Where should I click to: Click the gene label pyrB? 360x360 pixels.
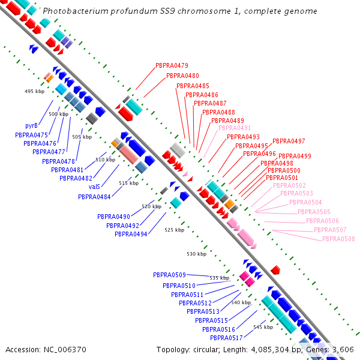31,126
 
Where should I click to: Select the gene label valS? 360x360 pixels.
94,187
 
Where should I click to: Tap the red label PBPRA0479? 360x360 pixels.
172,65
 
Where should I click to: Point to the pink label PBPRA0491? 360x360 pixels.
235,128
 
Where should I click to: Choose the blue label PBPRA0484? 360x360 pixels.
94,197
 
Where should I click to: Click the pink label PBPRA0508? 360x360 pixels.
338,239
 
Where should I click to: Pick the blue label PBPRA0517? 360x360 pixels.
226,338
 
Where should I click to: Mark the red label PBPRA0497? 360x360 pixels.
289,141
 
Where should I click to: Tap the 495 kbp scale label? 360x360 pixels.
34,91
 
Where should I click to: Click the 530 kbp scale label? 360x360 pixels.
197,254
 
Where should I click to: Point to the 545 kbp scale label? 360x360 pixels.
263,327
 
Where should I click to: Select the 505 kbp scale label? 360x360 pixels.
82,137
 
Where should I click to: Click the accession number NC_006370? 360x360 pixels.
65,350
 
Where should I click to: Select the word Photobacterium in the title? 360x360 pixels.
76,11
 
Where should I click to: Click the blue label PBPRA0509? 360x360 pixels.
169,275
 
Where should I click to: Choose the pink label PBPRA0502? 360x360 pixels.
290,185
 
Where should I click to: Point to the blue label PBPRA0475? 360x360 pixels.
31,135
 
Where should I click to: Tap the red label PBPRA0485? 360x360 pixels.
193,86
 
